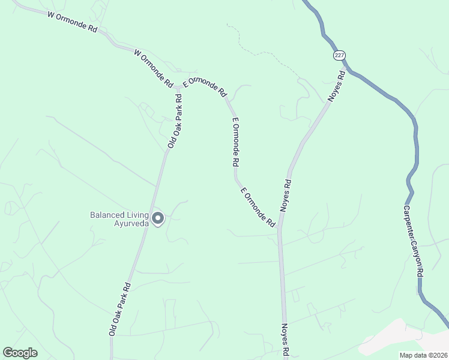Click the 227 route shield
[x=339, y=55]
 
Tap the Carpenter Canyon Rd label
[x=413, y=241]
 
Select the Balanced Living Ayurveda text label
[x=118, y=219]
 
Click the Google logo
[x=20, y=353]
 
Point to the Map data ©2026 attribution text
[x=423, y=355]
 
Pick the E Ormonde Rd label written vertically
[x=236, y=142]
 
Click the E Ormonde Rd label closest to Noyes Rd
[x=258, y=207]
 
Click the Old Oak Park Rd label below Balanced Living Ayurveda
[x=119, y=308]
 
